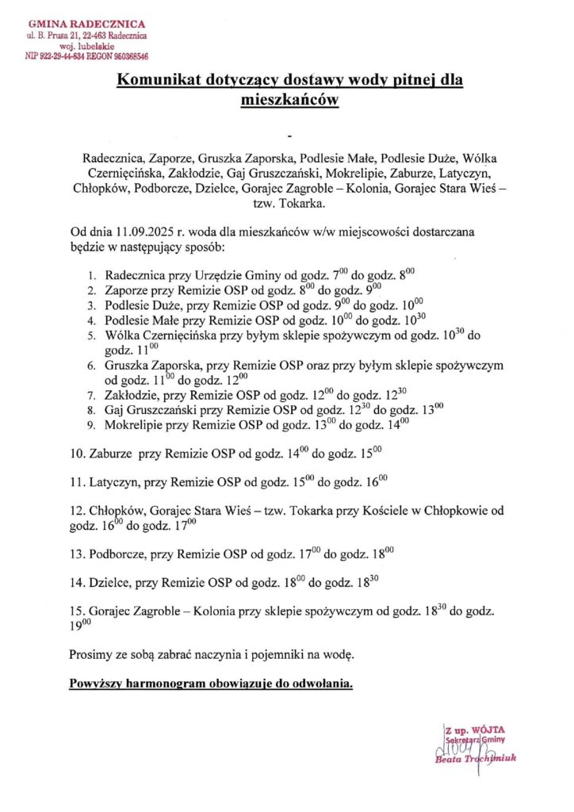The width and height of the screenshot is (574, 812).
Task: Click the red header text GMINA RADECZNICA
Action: point(86,25)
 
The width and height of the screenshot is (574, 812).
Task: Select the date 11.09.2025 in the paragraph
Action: point(144,233)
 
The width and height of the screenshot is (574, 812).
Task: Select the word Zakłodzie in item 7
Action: point(132,394)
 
